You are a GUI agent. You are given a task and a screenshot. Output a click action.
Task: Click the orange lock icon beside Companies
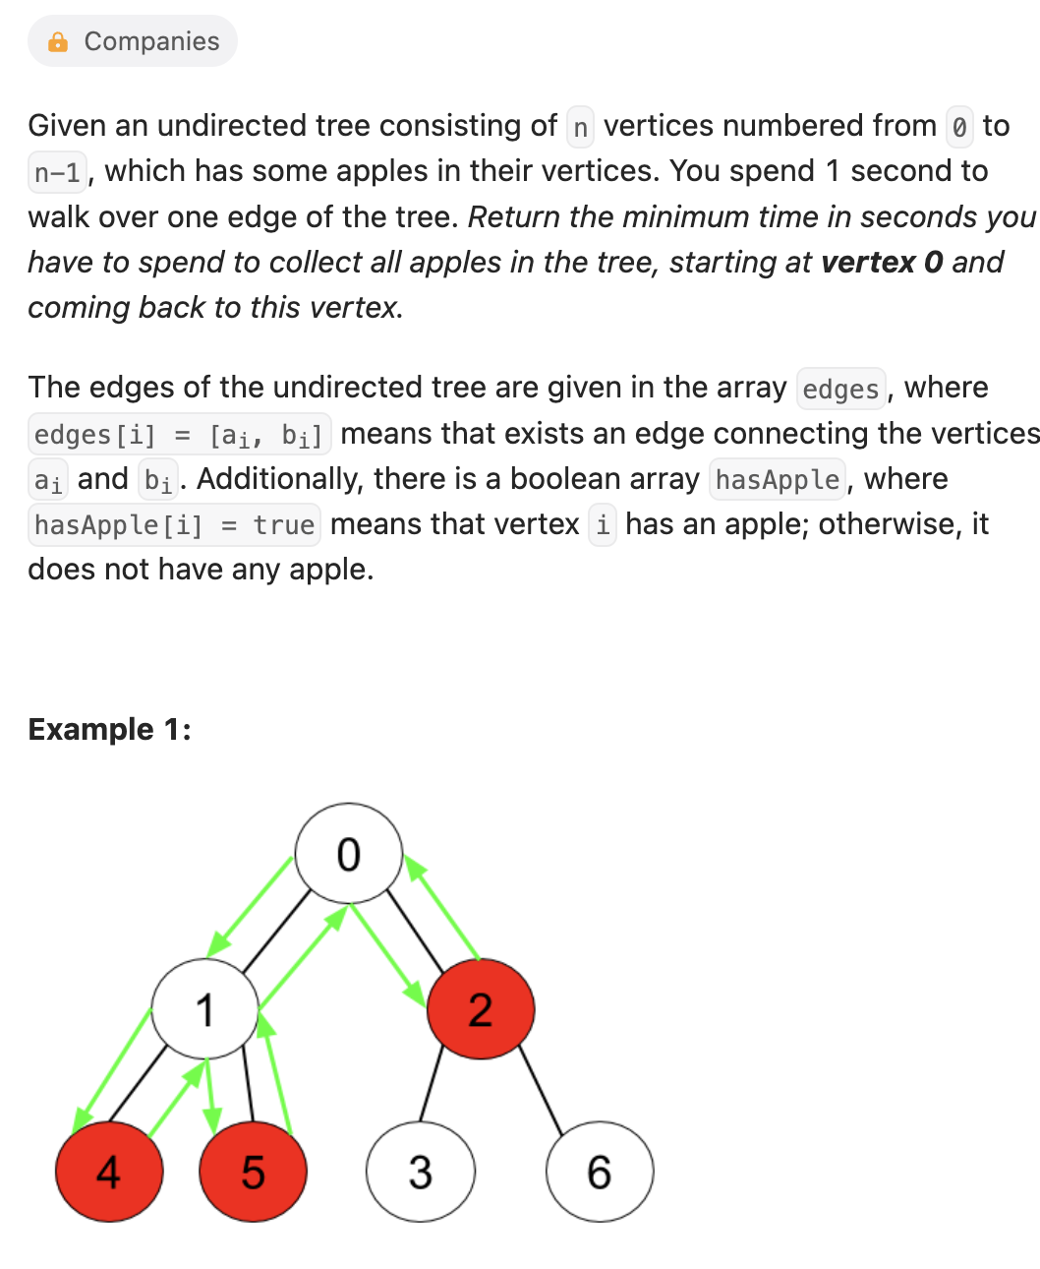[x=58, y=41]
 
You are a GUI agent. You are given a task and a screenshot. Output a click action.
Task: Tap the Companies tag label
[x=151, y=41]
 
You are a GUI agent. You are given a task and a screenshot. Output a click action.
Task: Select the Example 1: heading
[x=109, y=729]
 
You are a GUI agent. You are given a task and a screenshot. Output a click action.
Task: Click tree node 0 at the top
[x=349, y=853]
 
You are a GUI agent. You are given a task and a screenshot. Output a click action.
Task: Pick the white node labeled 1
[x=205, y=1009]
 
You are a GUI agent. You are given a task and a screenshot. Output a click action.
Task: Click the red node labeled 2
[x=481, y=1009]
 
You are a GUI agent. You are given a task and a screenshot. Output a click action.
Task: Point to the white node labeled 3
[x=421, y=1172]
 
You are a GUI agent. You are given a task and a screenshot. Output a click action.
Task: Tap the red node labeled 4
[x=109, y=1172]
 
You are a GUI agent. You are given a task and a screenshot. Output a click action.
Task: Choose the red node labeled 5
[x=253, y=1172]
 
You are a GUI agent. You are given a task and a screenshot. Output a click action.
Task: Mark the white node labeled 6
[x=600, y=1172]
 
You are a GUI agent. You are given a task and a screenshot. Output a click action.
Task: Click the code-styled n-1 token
[x=58, y=172]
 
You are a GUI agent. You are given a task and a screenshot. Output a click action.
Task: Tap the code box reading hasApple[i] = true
[x=174, y=525]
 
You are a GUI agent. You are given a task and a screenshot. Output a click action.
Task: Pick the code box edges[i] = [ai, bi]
[x=179, y=435]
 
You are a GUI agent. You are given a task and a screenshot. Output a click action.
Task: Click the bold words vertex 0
[x=882, y=263]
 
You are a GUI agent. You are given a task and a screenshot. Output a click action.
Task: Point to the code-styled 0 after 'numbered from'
[x=959, y=127]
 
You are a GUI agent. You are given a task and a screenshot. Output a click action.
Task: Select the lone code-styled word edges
[x=840, y=390]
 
